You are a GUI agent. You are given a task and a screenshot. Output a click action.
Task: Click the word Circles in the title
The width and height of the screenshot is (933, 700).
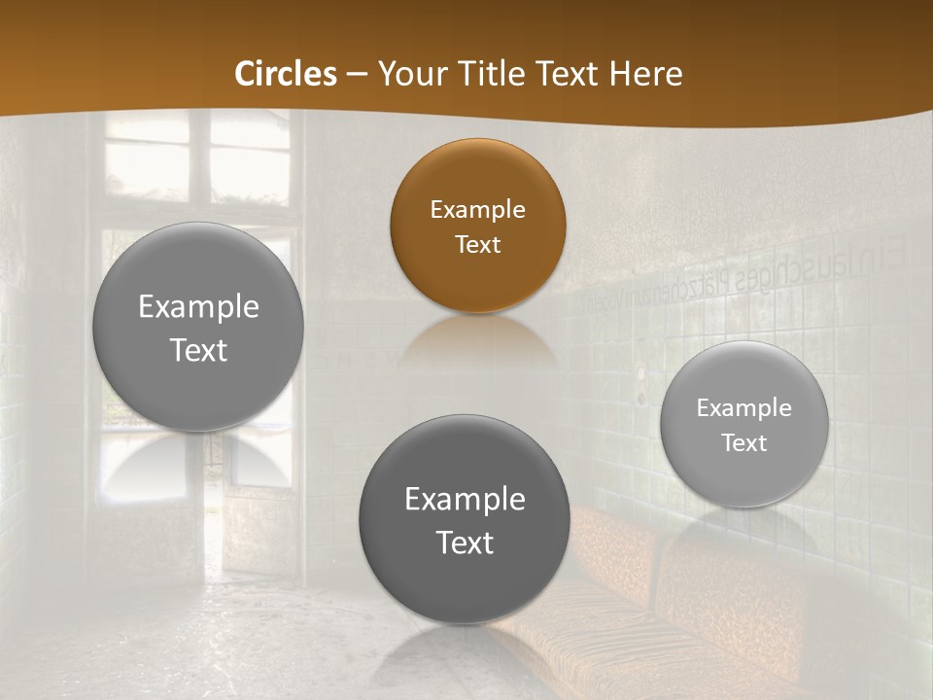[286, 74]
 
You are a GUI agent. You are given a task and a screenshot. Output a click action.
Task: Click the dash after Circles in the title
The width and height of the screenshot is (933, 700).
[357, 75]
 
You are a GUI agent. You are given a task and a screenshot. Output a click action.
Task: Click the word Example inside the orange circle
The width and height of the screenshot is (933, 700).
[477, 210]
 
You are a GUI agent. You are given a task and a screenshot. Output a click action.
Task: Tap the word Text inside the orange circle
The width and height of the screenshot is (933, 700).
[477, 244]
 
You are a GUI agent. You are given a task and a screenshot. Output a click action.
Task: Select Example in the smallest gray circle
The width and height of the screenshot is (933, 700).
[743, 408]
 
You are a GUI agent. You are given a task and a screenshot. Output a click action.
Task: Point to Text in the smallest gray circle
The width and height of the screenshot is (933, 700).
[743, 443]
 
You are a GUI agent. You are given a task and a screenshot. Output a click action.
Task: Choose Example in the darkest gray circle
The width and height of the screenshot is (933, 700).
[465, 500]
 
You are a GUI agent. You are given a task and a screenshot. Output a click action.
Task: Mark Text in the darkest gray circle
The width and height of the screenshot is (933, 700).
[465, 542]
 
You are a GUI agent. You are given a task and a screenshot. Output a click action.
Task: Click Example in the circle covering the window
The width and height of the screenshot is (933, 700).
[198, 307]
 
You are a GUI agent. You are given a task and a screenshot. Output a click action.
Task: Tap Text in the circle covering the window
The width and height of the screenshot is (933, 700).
[198, 350]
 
